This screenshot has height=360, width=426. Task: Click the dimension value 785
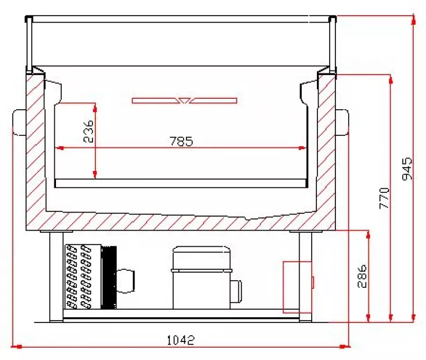181,140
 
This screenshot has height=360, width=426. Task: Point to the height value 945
407,168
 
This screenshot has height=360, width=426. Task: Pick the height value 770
385,198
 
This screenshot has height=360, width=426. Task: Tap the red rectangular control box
297,286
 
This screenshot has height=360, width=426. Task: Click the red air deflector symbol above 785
184,101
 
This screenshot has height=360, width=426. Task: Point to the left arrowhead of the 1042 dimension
16,347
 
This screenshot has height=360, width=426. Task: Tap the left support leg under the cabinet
55,275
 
